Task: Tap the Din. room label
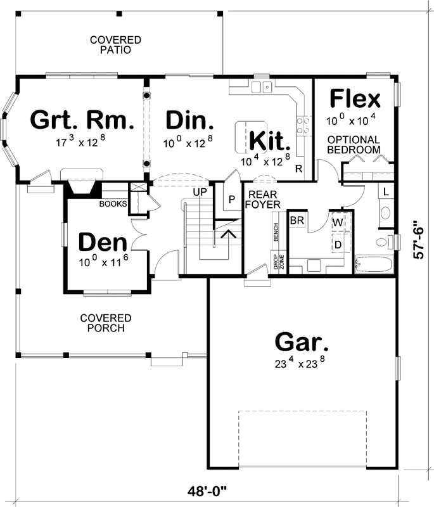coord(189,119)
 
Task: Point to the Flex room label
coord(355,99)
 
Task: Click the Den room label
coord(103,242)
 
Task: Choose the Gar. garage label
coord(302,342)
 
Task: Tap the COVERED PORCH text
coord(106,323)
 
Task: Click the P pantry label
coord(232,198)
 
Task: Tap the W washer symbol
coord(338,222)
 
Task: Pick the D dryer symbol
coord(338,243)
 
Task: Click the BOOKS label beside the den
coord(113,204)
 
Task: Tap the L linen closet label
coord(386,191)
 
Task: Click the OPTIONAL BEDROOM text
coord(354,144)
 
